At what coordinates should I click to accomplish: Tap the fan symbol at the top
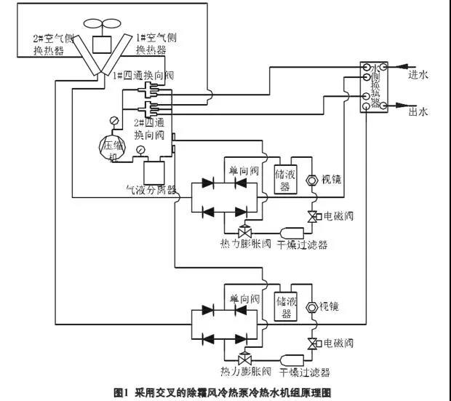pyautogui.click(x=100, y=24)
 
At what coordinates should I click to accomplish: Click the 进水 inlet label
pyautogui.click(x=418, y=74)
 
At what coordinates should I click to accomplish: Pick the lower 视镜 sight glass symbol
pyautogui.click(x=312, y=307)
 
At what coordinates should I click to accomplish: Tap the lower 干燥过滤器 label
pyautogui.click(x=303, y=372)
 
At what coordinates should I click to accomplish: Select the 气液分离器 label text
pyautogui.click(x=151, y=191)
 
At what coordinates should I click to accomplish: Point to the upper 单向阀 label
pyautogui.click(x=244, y=170)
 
